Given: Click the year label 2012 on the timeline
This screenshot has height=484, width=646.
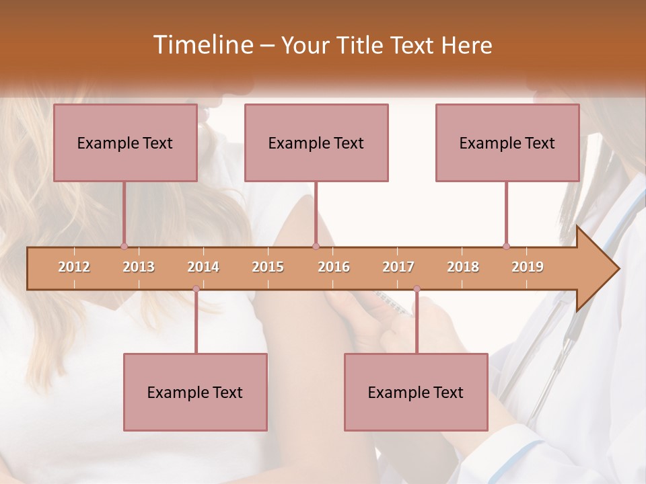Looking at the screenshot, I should pos(74,267).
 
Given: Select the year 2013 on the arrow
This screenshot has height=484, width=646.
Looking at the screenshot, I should pos(139,267).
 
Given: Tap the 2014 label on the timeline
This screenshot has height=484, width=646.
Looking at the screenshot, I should pos(203,267).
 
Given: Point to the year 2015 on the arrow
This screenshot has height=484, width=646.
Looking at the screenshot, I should pos(268,267).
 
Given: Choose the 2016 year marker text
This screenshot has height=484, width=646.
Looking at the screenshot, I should pos(334,267).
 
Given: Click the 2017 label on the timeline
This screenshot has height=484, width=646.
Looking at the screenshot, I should pos(398,267).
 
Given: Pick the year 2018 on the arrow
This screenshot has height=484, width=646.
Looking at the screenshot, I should pos(463,267).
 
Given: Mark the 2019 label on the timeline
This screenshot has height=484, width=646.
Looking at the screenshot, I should pos(528,267).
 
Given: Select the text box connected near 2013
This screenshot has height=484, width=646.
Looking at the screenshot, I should pos(125,143).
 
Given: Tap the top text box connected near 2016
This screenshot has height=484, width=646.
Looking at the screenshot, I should pos(316,143).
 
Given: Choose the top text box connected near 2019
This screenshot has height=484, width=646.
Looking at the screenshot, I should pos(507,143).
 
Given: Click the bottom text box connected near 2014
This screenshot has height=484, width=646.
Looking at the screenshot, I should pos(195,392).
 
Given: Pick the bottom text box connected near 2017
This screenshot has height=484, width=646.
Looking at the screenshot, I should pos(416,392).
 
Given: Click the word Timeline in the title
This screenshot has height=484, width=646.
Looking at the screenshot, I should pos(202,45).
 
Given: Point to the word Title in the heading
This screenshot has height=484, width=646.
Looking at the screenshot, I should pos(363,45).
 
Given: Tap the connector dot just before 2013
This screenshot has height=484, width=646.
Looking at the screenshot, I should pos(124,246).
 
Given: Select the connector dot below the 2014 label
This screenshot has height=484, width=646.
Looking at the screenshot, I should pos(196,289).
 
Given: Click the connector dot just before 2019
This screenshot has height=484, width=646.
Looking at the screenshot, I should pos(506,246).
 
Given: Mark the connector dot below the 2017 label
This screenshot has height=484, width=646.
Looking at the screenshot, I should pos(417,289).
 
